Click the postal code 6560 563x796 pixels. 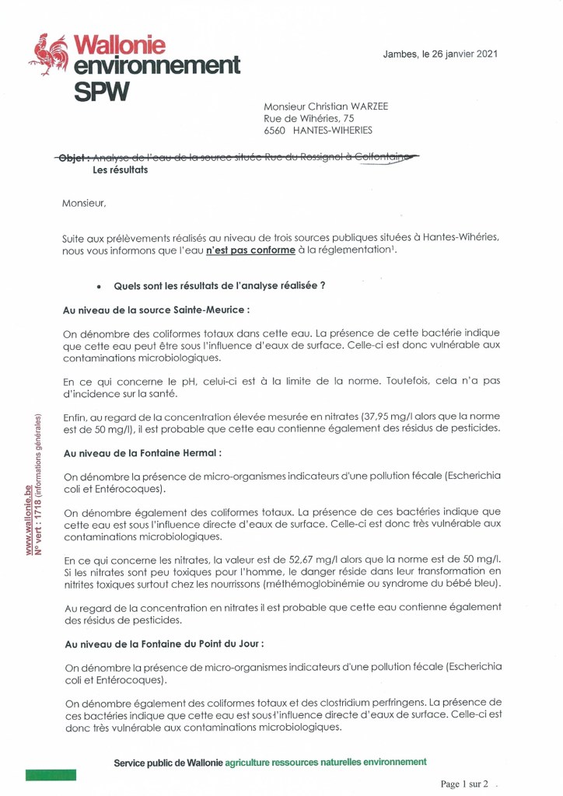(x=275, y=131)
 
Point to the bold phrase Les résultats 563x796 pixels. (x=120, y=170)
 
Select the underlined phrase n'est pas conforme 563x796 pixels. (x=250, y=250)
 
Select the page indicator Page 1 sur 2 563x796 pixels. (x=464, y=784)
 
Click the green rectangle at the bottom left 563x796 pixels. (x=51, y=774)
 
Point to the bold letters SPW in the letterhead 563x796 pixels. (x=102, y=91)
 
